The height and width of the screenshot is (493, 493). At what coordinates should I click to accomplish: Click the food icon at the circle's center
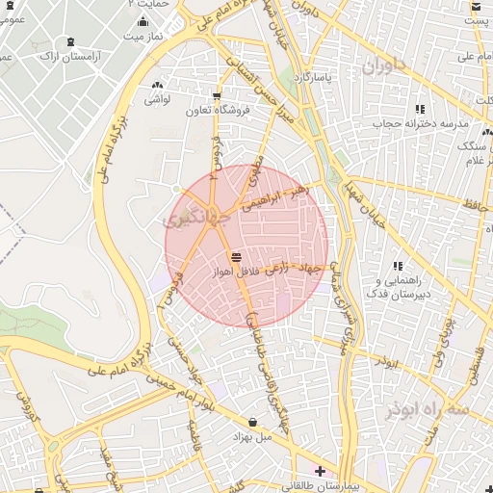[x=237, y=255]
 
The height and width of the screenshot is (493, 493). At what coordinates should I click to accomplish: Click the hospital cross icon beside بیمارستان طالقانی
[x=321, y=471]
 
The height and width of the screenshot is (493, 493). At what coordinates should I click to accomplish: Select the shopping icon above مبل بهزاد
[x=252, y=422]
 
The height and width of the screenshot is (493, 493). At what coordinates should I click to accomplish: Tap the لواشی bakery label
[x=158, y=98]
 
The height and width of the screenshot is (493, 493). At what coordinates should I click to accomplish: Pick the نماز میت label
[x=143, y=36]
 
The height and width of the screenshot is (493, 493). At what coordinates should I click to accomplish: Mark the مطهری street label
[x=255, y=169]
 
